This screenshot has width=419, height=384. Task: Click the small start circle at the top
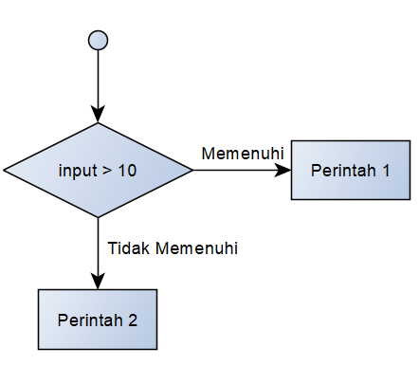click(x=98, y=40)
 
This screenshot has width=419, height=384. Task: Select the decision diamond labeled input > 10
click(x=98, y=171)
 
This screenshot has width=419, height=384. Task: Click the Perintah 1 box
click(x=349, y=171)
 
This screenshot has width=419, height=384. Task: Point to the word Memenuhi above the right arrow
click(x=243, y=153)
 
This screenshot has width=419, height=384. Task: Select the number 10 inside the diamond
click(x=127, y=172)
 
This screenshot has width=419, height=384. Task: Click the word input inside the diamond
click(x=77, y=172)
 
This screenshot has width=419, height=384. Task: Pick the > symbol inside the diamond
click(x=105, y=172)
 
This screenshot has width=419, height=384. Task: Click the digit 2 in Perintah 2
click(x=134, y=320)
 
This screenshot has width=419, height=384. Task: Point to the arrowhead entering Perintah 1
click(x=285, y=171)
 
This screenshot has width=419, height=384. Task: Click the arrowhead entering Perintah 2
click(x=98, y=283)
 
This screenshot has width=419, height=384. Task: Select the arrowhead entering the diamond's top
click(x=98, y=117)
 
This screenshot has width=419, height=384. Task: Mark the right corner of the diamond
click(x=192, y=171)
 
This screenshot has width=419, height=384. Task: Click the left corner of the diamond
click(x=5, y=171)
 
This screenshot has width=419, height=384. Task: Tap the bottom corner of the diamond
click(x=98, y=217)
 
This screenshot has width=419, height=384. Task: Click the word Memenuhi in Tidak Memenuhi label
click(x=197, y=248)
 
